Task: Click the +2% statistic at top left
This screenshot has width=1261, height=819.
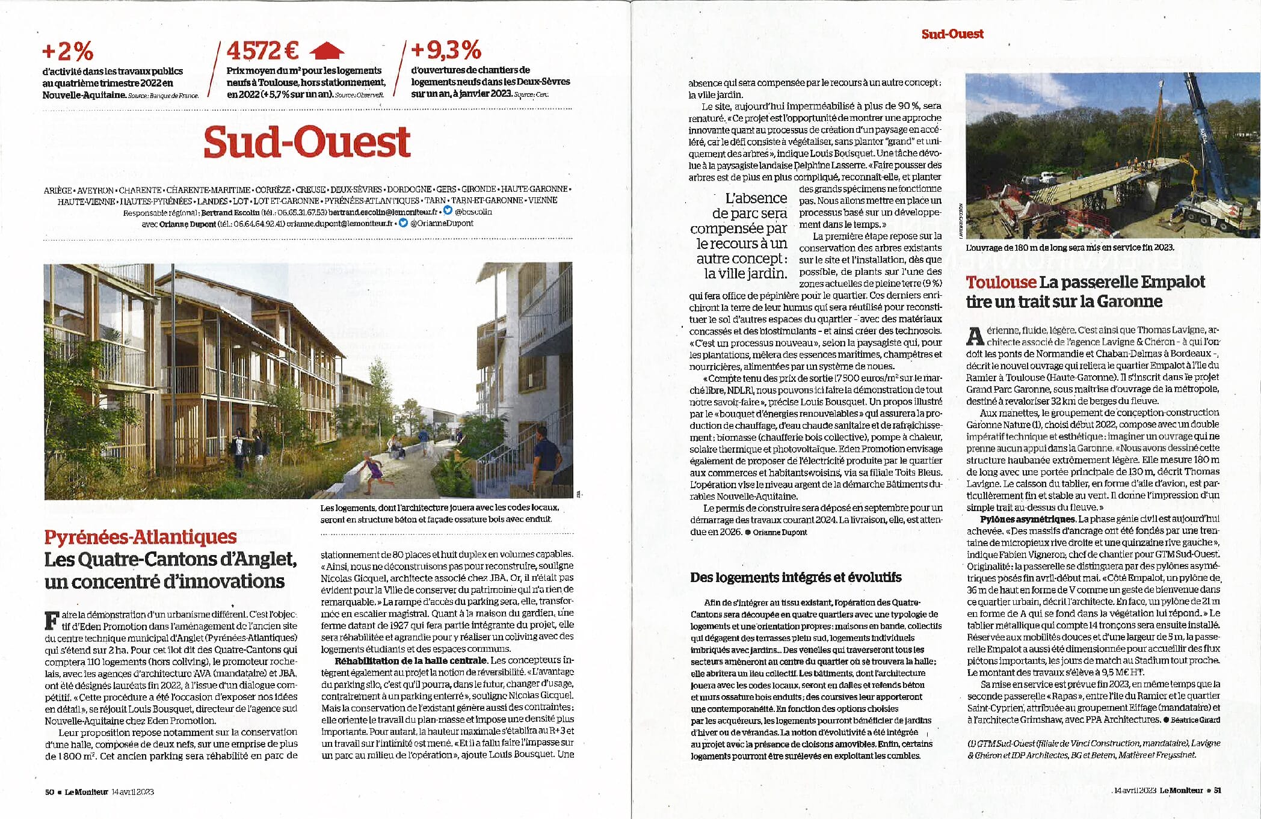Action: click(x=67, y=52)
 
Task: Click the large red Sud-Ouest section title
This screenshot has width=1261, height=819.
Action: click(x=307, y=142)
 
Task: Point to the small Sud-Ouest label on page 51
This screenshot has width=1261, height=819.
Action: click(x=952, y=34)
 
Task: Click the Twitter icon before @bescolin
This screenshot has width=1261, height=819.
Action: click(x=447, y=211)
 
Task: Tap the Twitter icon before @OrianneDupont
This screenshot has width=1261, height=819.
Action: click(x=403, y=223)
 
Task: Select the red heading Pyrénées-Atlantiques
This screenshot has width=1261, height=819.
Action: click(x=140, y=537)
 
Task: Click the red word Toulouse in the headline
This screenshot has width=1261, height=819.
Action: click(x=1000, y=282)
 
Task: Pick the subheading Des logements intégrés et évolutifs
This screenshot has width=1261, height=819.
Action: click(x=795, y=577)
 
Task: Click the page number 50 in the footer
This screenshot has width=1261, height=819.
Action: click(x=49, y=792)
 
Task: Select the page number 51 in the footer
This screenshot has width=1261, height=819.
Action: click(x=1217, y=791)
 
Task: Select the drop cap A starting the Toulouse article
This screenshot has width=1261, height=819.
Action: click(x=973, y=336)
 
